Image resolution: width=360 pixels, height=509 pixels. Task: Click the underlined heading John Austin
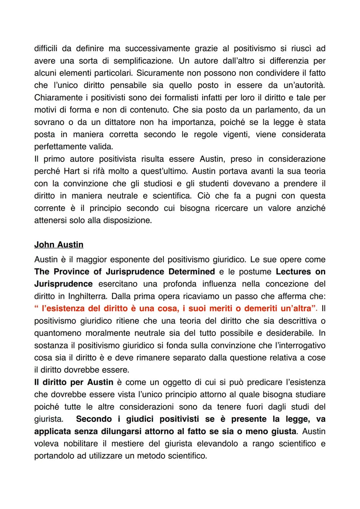59,245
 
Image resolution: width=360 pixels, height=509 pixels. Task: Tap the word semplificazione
142,61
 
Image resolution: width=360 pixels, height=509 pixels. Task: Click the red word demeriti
261,308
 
